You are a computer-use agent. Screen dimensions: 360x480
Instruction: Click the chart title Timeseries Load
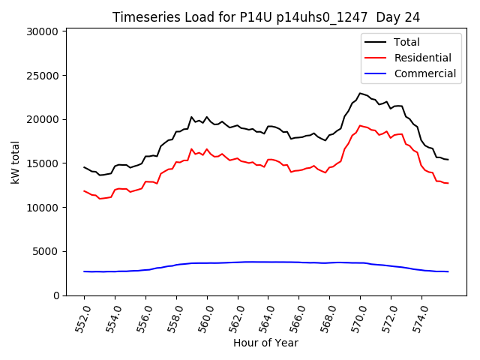click(x=265, y=16)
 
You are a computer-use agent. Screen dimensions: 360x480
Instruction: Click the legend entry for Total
click(x=406, y=42)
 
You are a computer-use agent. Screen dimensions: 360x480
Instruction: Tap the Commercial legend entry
click(x=424, y=73)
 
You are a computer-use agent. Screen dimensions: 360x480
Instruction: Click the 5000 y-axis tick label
click(x=46, y=251)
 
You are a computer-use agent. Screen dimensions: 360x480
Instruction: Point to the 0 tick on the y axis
click(x=55, y=295)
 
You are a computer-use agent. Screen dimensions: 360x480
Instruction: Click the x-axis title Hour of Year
click(x=265, y=343)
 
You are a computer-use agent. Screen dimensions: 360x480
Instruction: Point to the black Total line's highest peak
click(x=360, y=93)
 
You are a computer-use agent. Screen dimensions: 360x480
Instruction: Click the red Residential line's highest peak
click(x=360, y=125)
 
